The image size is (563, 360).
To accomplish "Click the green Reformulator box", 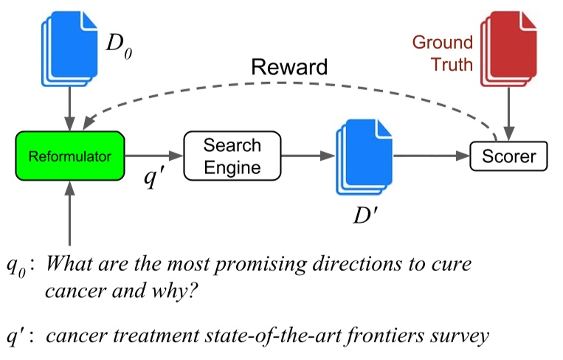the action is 70,156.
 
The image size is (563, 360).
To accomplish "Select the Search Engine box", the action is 232,156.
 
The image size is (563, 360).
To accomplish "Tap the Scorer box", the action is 509,156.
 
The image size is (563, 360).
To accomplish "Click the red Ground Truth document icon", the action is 508,49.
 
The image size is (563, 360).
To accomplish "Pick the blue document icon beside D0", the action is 69,49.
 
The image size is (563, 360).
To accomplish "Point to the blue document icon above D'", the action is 364,157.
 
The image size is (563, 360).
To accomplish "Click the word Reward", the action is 289,66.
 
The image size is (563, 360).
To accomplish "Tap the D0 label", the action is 120,46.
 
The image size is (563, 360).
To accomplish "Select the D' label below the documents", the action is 365,215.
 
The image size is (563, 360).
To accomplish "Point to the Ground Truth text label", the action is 443,53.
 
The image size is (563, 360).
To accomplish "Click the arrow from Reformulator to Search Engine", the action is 154,156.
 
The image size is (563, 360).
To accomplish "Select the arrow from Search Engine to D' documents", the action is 308,156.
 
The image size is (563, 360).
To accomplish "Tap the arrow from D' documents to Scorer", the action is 432,156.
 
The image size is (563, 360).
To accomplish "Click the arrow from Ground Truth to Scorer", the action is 509,114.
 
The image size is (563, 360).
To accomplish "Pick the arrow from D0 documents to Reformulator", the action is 69,109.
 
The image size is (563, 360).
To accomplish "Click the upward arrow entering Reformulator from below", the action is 69,213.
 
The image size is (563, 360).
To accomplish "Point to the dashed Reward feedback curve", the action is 287,83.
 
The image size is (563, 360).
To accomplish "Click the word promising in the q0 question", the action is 260,265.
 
